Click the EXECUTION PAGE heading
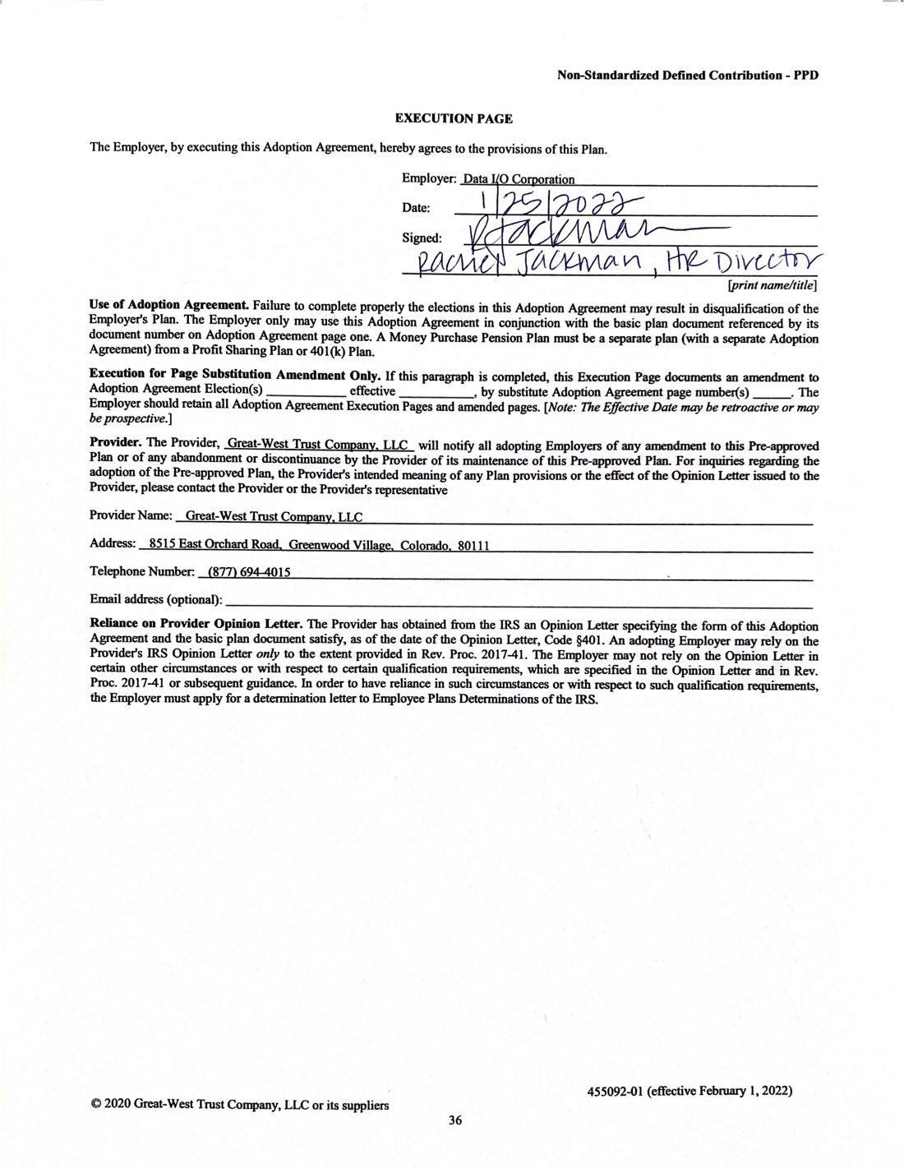point(454,118)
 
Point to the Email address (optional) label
point(156,598)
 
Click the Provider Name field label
point(131,516)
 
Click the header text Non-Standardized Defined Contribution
point(669,75)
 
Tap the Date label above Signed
point(416,208)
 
